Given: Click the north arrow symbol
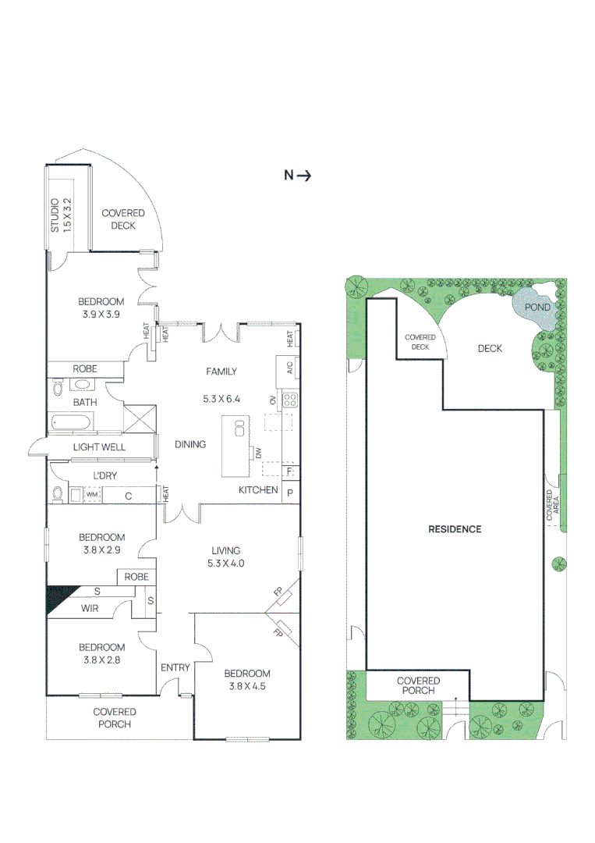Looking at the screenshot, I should (x=298, y=176).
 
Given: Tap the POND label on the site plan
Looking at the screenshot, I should (x=537, y=307).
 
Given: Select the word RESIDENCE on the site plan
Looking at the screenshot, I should (x=455, y=529).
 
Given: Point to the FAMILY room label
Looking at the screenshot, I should (x=221, y=372).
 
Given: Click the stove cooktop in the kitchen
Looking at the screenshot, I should (x=289, y=400).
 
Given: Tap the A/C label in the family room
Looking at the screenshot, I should (x=289, y=368).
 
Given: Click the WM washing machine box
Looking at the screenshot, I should (x=91, y=495).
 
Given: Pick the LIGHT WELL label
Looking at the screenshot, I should (x=99, y=447).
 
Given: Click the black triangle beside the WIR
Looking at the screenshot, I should (x=58, y=598).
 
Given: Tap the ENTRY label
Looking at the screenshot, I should (x=175, y=667).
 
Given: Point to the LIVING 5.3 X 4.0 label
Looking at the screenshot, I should (x=224, y=557).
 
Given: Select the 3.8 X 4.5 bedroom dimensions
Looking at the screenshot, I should (x=247, y=686).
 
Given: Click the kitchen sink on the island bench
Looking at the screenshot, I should (x=239, y=428).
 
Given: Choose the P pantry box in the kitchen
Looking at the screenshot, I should (x=290, y=493).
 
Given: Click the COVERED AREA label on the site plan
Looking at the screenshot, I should (x=552, y=506).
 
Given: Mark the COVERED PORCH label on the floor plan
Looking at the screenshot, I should (x=115, y=717).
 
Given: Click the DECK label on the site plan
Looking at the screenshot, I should (x=490, y=349).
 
